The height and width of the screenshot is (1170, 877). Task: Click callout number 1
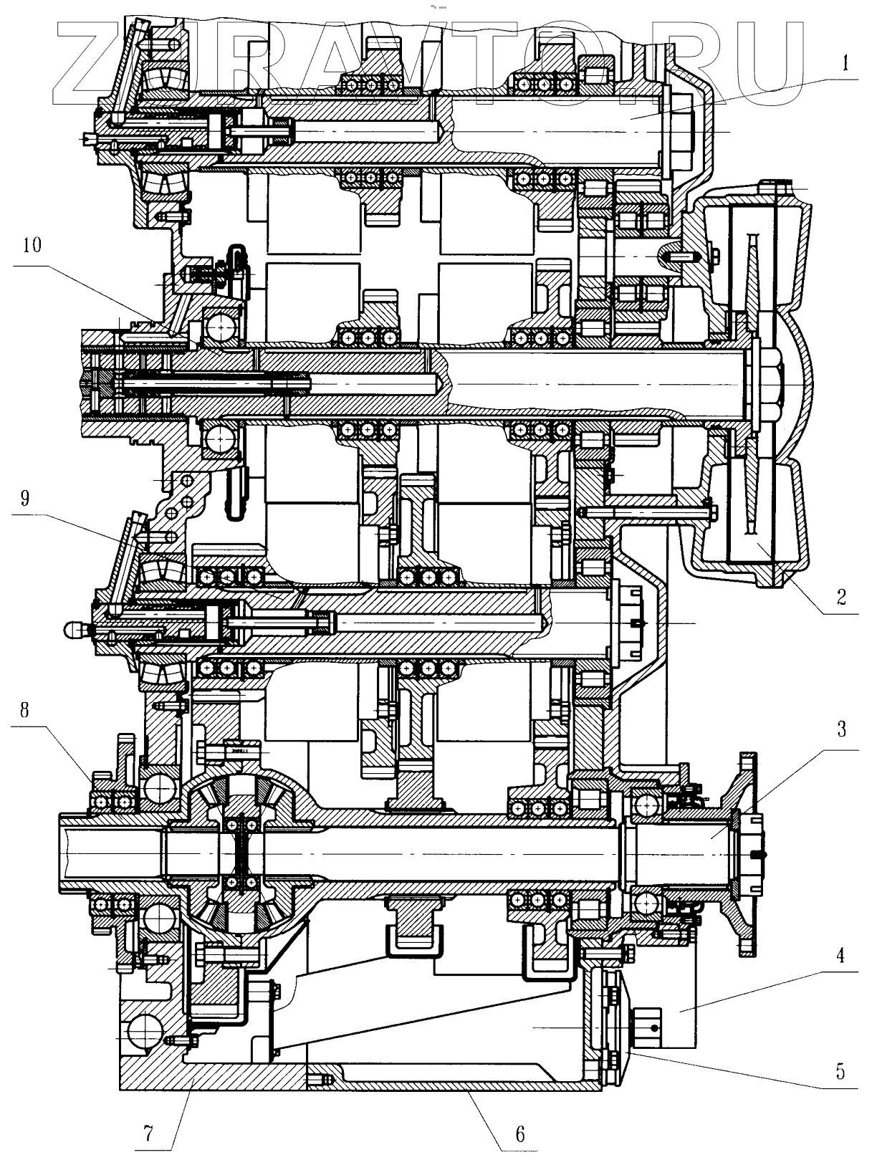click(845, 63)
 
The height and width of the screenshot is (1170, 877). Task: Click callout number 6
click(520, 1133)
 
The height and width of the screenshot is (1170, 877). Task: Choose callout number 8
click(25, 711)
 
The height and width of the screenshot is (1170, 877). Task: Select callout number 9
click(25, 498)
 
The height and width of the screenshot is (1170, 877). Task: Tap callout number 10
click(32, 246)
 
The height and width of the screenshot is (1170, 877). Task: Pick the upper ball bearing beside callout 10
click(221, 327)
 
